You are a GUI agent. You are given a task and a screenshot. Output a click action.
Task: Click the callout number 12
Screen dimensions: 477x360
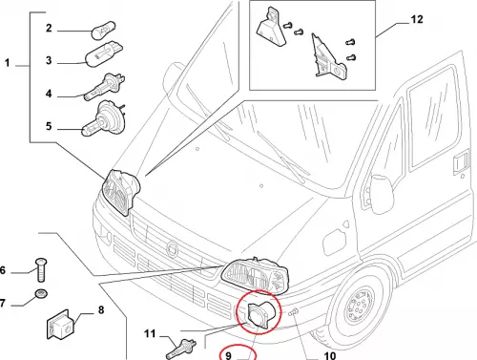coord(417,19)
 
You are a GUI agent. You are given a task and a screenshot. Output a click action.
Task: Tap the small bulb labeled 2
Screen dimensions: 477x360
coord(103,30)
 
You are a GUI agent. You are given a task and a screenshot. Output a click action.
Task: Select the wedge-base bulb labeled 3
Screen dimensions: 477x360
coord(104,55)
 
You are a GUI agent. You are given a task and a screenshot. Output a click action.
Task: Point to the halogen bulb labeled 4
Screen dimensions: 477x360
coord(105,87)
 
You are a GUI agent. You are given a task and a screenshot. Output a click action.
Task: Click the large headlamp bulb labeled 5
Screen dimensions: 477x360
coord(103,118)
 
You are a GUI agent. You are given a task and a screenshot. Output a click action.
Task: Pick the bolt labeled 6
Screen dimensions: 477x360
coord(41,270)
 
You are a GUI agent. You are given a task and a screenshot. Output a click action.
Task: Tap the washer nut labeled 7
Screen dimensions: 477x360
coord(41,294)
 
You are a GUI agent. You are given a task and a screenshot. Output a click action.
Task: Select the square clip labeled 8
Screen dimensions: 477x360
coord(60,325)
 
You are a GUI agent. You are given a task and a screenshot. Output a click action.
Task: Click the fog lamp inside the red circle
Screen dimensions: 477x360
coord(260,314)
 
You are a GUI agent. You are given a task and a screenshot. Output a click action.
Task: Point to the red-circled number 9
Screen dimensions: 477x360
coord(228,355)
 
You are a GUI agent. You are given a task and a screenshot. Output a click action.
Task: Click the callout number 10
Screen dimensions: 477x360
coord(329,355)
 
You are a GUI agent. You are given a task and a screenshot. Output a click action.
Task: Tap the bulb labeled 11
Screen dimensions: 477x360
coord(181,349)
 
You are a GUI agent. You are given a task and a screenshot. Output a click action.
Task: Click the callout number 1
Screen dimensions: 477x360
coord(8,63)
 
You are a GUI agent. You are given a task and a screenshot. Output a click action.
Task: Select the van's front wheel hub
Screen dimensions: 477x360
coord(360,305)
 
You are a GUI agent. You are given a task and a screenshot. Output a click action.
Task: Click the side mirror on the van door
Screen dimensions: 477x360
coord(381,194)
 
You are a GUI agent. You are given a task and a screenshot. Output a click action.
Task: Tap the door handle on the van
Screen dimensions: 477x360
coord(461,163)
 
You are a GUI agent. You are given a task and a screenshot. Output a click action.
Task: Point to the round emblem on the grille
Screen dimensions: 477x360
coord(173,248)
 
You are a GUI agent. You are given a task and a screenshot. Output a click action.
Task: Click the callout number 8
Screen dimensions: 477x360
coord(101,309)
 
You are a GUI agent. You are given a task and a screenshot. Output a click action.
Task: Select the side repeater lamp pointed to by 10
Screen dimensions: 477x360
coord(293,312)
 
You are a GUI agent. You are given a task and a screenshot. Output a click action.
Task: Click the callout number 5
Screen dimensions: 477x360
coord(49,126)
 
